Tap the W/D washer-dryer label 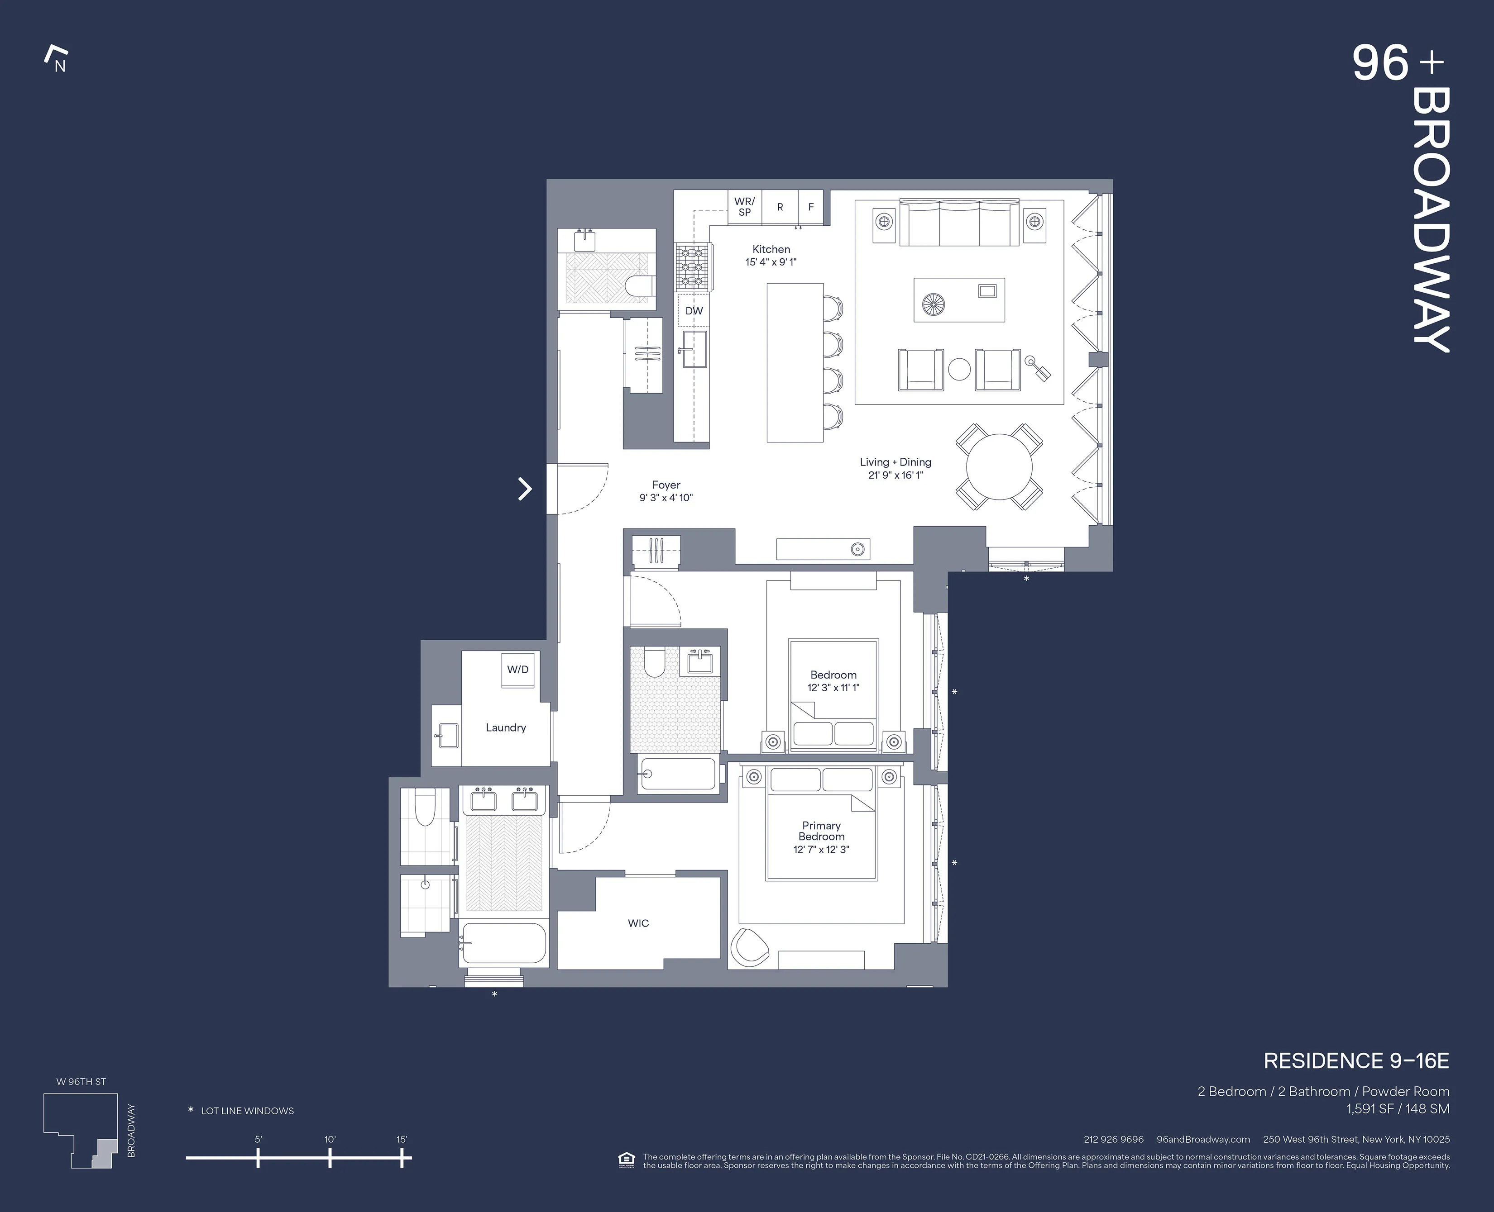[517, 670]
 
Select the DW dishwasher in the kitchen [694, 311]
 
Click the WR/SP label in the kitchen [745, 207]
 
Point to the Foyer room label [666, 485]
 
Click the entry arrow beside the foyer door [525, 488]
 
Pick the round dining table [999, 467]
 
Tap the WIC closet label [638, 923]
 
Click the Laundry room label [506, 727]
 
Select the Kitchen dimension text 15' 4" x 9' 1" [771, 262]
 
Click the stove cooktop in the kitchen [692, 267]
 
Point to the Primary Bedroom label [821, 831]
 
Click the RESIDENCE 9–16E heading [1356, 1061]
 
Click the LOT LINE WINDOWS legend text [247, 1111]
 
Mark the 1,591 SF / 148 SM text [1398, 1109]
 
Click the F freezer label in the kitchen [811, 207]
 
